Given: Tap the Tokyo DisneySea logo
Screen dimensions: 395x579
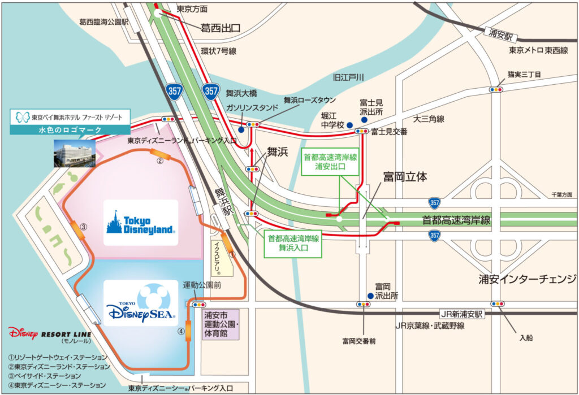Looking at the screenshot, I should (x=141, y=306).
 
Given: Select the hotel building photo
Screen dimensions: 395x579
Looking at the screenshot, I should (x=74, y=153).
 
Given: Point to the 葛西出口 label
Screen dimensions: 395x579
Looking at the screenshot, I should (x=221, y=27).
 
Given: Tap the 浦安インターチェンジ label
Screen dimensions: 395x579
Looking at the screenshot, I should (x=527, y=279).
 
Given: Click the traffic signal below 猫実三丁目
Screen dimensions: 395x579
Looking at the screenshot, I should (x=496, y=89).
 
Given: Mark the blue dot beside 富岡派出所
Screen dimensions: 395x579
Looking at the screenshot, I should (x=370, y=295).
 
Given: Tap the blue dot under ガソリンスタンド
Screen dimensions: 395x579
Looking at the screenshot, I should (x=241, y=129).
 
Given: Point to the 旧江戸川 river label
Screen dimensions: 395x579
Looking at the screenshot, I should (x=349, y=77).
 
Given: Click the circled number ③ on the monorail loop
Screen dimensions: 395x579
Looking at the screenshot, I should (x=83, y=227).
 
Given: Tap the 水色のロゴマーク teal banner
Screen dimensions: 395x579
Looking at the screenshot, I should (x=70, y=129).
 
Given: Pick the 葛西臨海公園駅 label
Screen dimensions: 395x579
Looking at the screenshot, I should (x=104, y=22).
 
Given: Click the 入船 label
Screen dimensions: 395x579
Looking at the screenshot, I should (x=526, y=337).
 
